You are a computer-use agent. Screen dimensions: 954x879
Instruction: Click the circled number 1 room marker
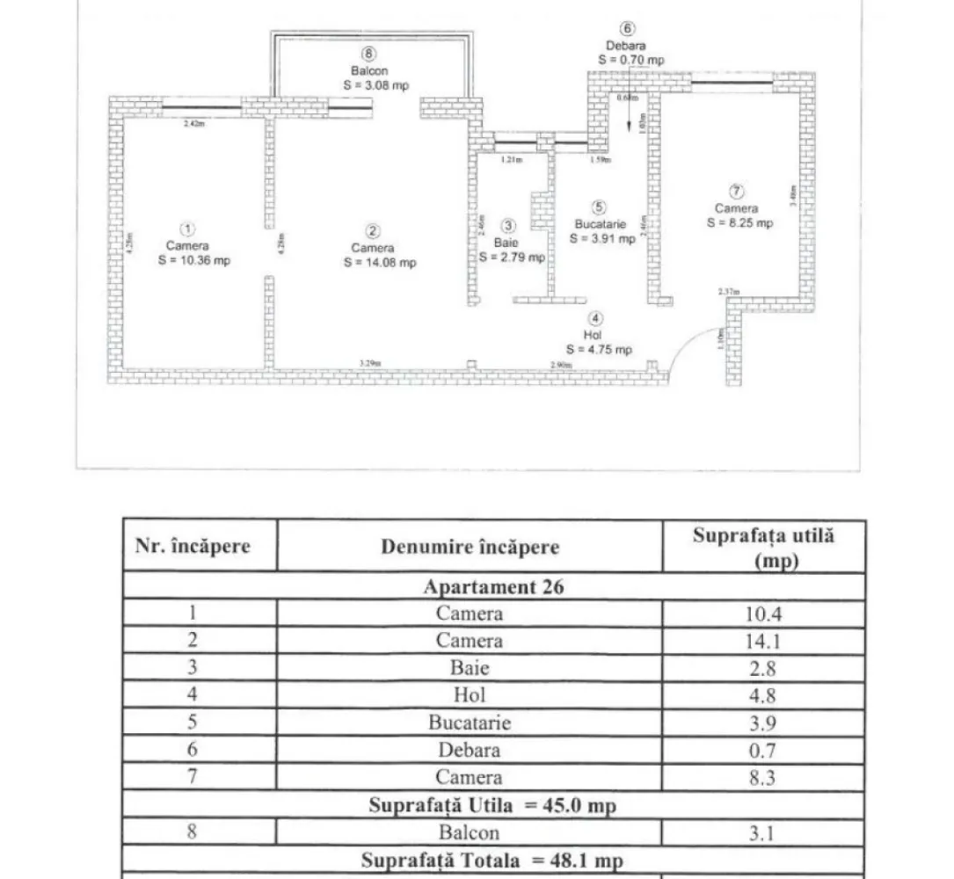[x=187, y=230]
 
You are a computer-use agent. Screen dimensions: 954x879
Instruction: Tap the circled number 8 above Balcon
[x=368, y=54]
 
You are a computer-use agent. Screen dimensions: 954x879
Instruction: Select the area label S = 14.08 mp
[x=381, y=262]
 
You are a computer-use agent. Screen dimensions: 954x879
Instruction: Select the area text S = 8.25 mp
[x=739, y=223]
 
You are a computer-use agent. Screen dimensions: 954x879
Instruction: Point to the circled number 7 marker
[x=737, y=192]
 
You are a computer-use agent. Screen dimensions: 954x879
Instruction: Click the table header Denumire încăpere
[x=470, y=547]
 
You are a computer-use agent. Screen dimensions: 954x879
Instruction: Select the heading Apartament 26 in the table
[x=493, y=587]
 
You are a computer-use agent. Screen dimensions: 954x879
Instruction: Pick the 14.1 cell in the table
[x=763, y=641]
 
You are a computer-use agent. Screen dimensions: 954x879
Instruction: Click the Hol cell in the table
[x=470, y=695]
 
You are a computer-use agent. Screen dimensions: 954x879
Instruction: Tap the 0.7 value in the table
[x=763, y=750]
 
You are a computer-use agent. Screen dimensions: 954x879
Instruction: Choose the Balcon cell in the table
[x=470, y=832]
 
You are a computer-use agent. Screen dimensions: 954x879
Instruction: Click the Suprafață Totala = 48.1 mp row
[x=493, y=861]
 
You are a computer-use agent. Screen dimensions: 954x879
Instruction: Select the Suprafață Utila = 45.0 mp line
[x=493, y=804]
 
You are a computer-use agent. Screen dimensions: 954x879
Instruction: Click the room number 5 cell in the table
[x=192, y=723]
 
